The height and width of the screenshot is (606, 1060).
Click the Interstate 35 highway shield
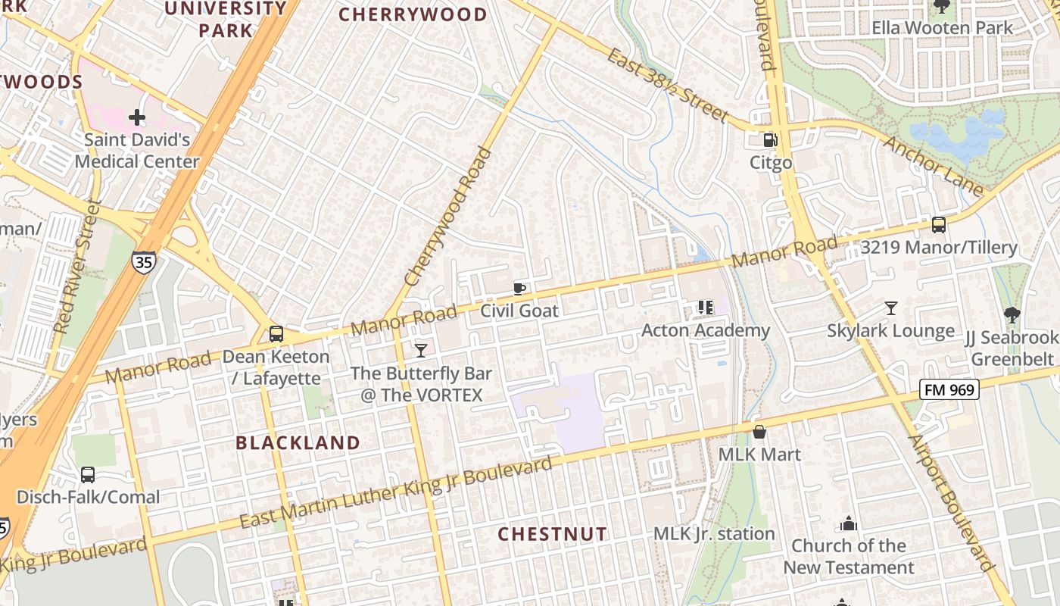[143, 261]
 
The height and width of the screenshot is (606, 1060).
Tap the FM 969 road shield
[949, 390]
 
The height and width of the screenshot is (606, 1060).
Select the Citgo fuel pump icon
[770, 140]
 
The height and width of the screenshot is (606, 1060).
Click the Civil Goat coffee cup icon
[519, 288]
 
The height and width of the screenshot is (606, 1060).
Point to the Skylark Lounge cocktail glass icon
[891, 308]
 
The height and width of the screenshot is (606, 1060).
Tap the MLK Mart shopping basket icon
[759, 432]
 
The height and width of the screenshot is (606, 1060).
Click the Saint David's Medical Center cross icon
[137, 117]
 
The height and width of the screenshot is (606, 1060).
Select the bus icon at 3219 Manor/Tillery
[939, 225]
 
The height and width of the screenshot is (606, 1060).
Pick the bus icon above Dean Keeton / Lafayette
[276, 334]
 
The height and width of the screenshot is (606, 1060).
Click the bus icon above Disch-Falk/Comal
[88, 475]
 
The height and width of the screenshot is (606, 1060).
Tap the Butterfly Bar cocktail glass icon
[421, 350]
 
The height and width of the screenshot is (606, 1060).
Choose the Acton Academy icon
[705, 308]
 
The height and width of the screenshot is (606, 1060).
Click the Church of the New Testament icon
[848, 523]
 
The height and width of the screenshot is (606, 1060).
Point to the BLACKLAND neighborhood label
[298, 443]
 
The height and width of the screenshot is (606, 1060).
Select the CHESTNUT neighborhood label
[552, 534]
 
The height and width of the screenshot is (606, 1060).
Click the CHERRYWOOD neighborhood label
[413, 14]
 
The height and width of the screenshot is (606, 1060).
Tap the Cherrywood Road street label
[447, 217]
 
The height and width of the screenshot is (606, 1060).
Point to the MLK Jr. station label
[714, 534]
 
